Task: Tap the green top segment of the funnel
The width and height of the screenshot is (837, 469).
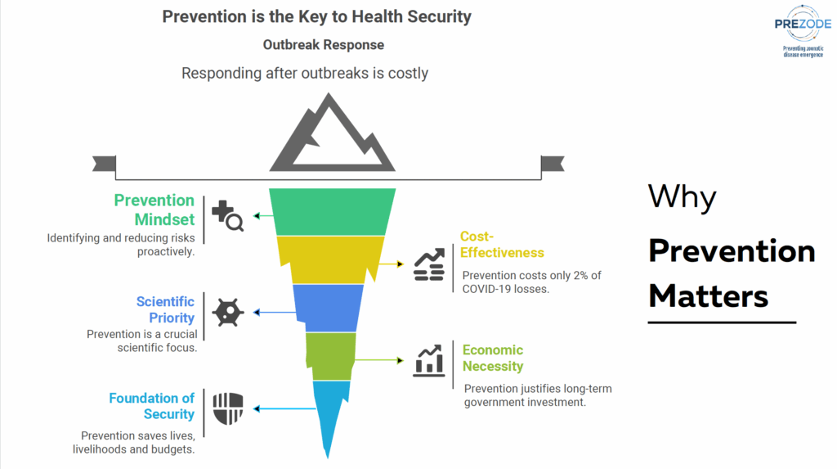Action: pyautogui.click(x=333, y=212)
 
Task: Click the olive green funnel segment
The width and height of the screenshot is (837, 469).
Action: pyautogui.click(x=330, y=356)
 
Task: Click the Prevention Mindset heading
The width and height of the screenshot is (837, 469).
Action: pyautogui.click(x=154, y=210)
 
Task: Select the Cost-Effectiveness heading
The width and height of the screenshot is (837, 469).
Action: pyautogui.click(x=502, y=245)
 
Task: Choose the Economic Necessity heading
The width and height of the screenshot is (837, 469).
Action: pyautogui.click(x=492, y=358)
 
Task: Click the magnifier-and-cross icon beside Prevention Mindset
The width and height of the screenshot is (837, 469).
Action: pyautogui.click(x=227, y=216)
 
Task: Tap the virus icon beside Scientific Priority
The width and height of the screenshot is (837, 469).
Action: pyautogui.click(x=227, y=312)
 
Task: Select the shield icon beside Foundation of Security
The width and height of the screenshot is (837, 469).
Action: pyautogui.click(x=227, y=408)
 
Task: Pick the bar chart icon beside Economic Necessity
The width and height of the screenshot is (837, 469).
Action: pyautogui.click(x=429, y=359)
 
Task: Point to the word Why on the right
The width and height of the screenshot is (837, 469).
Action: pyautogui.click(x=682, y=197)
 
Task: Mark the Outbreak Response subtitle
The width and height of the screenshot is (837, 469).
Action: pyautogui.click(x=324, y=44)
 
